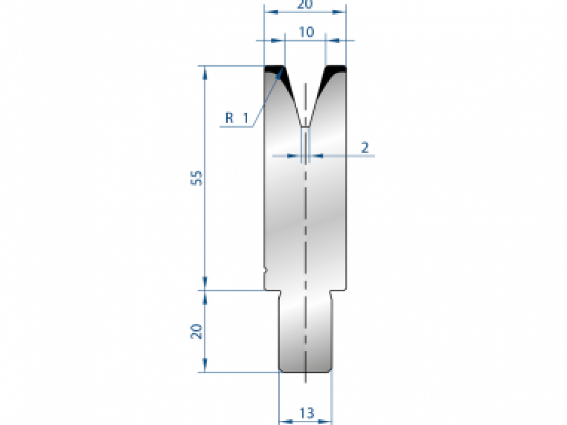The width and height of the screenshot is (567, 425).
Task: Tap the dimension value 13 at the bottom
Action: click(x=306, y=413)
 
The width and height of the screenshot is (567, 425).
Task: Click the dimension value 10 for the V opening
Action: click(x=306, y=32)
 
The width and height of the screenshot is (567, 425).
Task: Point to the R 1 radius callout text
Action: click(x=236, y=118)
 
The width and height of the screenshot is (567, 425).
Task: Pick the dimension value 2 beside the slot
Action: click(x=365, y=147)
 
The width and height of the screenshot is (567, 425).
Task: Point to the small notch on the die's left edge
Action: click(x=266, y=271)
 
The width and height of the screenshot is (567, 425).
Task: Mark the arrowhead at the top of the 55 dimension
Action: click(x=205, y=71)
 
